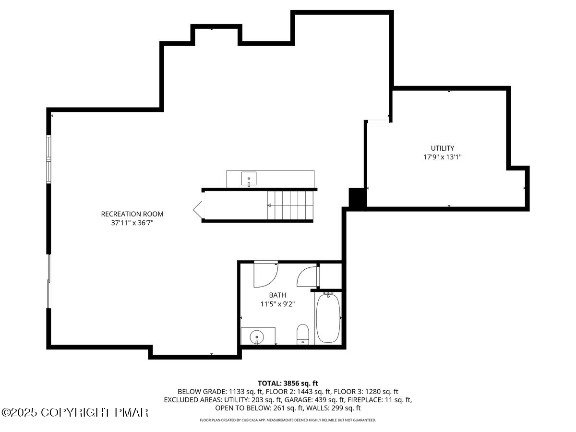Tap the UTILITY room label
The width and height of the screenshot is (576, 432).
tap(442, 148)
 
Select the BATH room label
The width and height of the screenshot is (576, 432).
tap(277, 295)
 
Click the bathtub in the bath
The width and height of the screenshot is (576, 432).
tap(328, 318)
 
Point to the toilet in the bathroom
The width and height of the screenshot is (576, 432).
tap(303, 334)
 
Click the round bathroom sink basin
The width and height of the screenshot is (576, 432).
tap(257, 336)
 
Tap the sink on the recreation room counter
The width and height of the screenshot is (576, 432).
tap(249, 179)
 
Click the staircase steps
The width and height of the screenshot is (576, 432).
tap(291, 205)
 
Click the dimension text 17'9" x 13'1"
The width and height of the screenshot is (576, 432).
tap(442, 157)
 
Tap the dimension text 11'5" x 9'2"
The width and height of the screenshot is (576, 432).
tap(277, 304)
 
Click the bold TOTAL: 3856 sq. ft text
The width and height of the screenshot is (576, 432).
tap(288, 383)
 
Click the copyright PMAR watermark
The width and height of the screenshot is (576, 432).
tap(75, 412)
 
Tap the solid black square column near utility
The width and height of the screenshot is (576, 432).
tap(357, 197)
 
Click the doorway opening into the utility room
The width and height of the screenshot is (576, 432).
tap(377, 121)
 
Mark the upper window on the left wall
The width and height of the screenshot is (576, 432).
tap(48, 147)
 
